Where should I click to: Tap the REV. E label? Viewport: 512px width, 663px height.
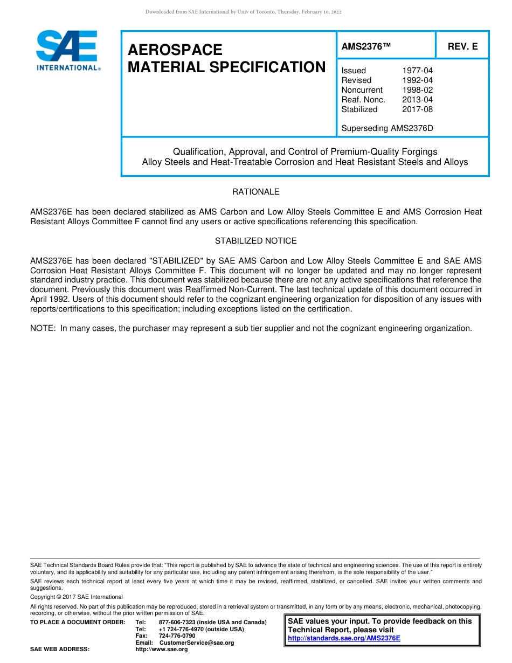462,47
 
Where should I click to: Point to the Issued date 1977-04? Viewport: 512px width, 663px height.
417,71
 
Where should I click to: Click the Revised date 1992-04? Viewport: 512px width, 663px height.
417,80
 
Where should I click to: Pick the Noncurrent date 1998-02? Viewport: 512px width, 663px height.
417,90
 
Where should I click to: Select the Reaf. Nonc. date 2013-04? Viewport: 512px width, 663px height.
417,100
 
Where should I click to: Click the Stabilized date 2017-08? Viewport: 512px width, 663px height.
417,109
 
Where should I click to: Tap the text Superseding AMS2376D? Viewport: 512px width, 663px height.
387,128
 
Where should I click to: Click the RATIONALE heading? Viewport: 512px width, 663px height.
255,192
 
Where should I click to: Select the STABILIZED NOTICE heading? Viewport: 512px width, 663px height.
255,241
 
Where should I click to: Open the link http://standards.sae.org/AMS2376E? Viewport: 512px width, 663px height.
344,638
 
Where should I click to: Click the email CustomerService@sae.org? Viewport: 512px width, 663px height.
197,643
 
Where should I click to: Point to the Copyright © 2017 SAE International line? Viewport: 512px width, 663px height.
77,597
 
